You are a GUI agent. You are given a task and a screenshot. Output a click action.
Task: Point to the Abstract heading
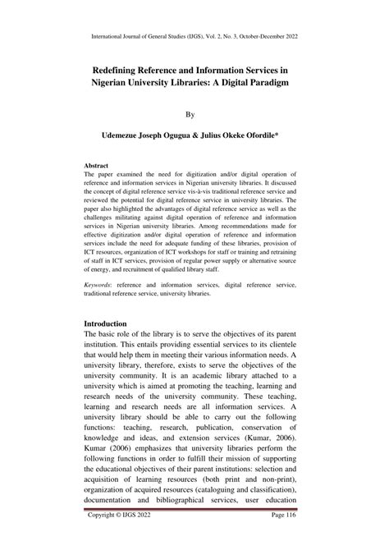click(x=97, y=164)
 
